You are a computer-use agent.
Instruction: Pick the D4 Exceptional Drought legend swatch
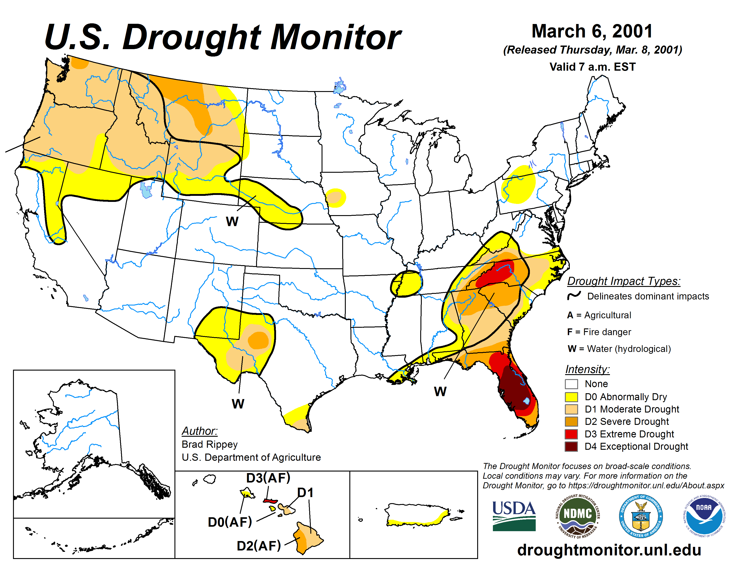click(571, 446)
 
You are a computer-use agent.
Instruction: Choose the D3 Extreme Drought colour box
click(571, 434)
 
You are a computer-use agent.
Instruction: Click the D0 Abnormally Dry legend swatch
click(571, 396)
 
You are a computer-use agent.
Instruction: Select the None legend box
click(571, 384)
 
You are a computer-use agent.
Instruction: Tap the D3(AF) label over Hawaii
click(268, 478)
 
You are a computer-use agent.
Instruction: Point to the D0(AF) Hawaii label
click(230, 522)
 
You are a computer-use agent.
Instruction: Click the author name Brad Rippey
click(209, 444)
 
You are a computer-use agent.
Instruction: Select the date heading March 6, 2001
click(592, 31)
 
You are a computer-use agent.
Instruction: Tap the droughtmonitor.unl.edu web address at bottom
click(609, 550)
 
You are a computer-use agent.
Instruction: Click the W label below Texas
click(238, 404)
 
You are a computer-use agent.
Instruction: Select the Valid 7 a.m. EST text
click(592, 67)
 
